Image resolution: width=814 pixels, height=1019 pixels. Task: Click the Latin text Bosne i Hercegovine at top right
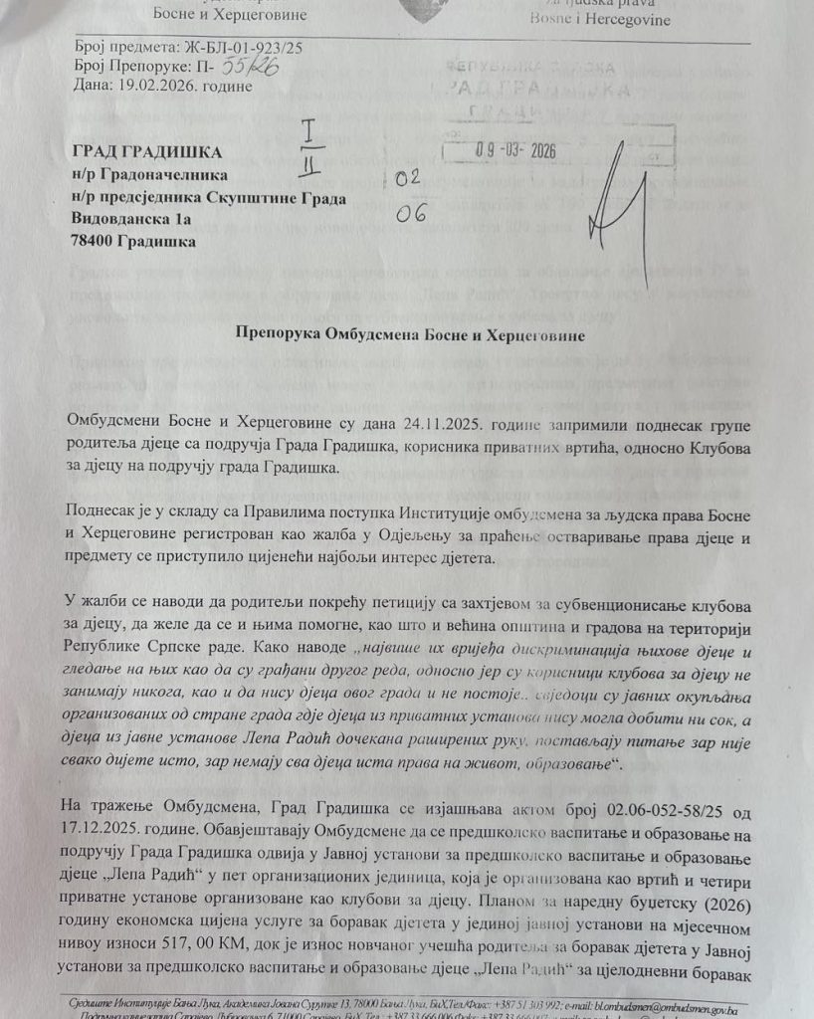pyautogui.click(x=601, y=20)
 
